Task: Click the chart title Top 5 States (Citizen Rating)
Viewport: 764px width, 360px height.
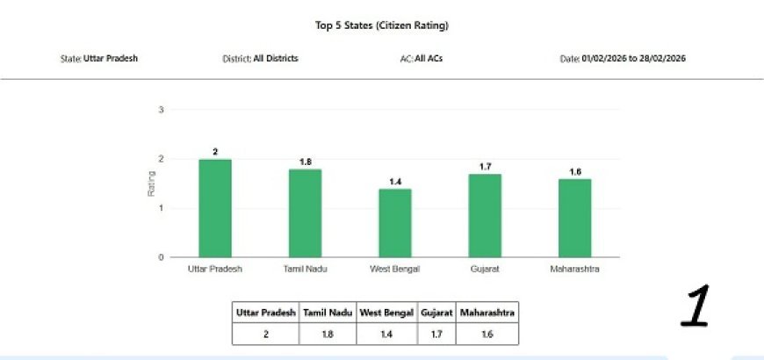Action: [381, 26]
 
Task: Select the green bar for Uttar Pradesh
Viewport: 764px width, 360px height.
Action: [215, 208]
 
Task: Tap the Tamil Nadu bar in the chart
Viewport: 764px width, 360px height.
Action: [305, 213]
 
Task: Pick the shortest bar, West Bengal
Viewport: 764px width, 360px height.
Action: [394, 223]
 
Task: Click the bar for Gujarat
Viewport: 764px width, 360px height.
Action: [485, 215]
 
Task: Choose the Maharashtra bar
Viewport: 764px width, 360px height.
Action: [574, 218]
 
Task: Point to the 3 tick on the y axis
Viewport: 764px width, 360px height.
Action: [161, 110]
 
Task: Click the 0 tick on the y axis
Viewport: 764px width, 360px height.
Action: [161, 257]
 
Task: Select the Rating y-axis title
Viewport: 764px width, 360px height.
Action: [151, 184]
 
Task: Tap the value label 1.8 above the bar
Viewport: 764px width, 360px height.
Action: [305, 162]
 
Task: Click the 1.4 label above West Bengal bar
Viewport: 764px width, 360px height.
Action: [394, 182]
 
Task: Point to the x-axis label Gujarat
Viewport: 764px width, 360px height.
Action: [485, 269]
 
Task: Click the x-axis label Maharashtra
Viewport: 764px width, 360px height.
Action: [574, 269]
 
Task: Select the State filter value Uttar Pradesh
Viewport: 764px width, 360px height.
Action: [111, 59]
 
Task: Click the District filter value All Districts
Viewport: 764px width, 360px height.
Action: [275, 59]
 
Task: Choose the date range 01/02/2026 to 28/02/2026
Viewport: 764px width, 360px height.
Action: [633, 59]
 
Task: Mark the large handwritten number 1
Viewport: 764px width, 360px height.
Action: [696, 308]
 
